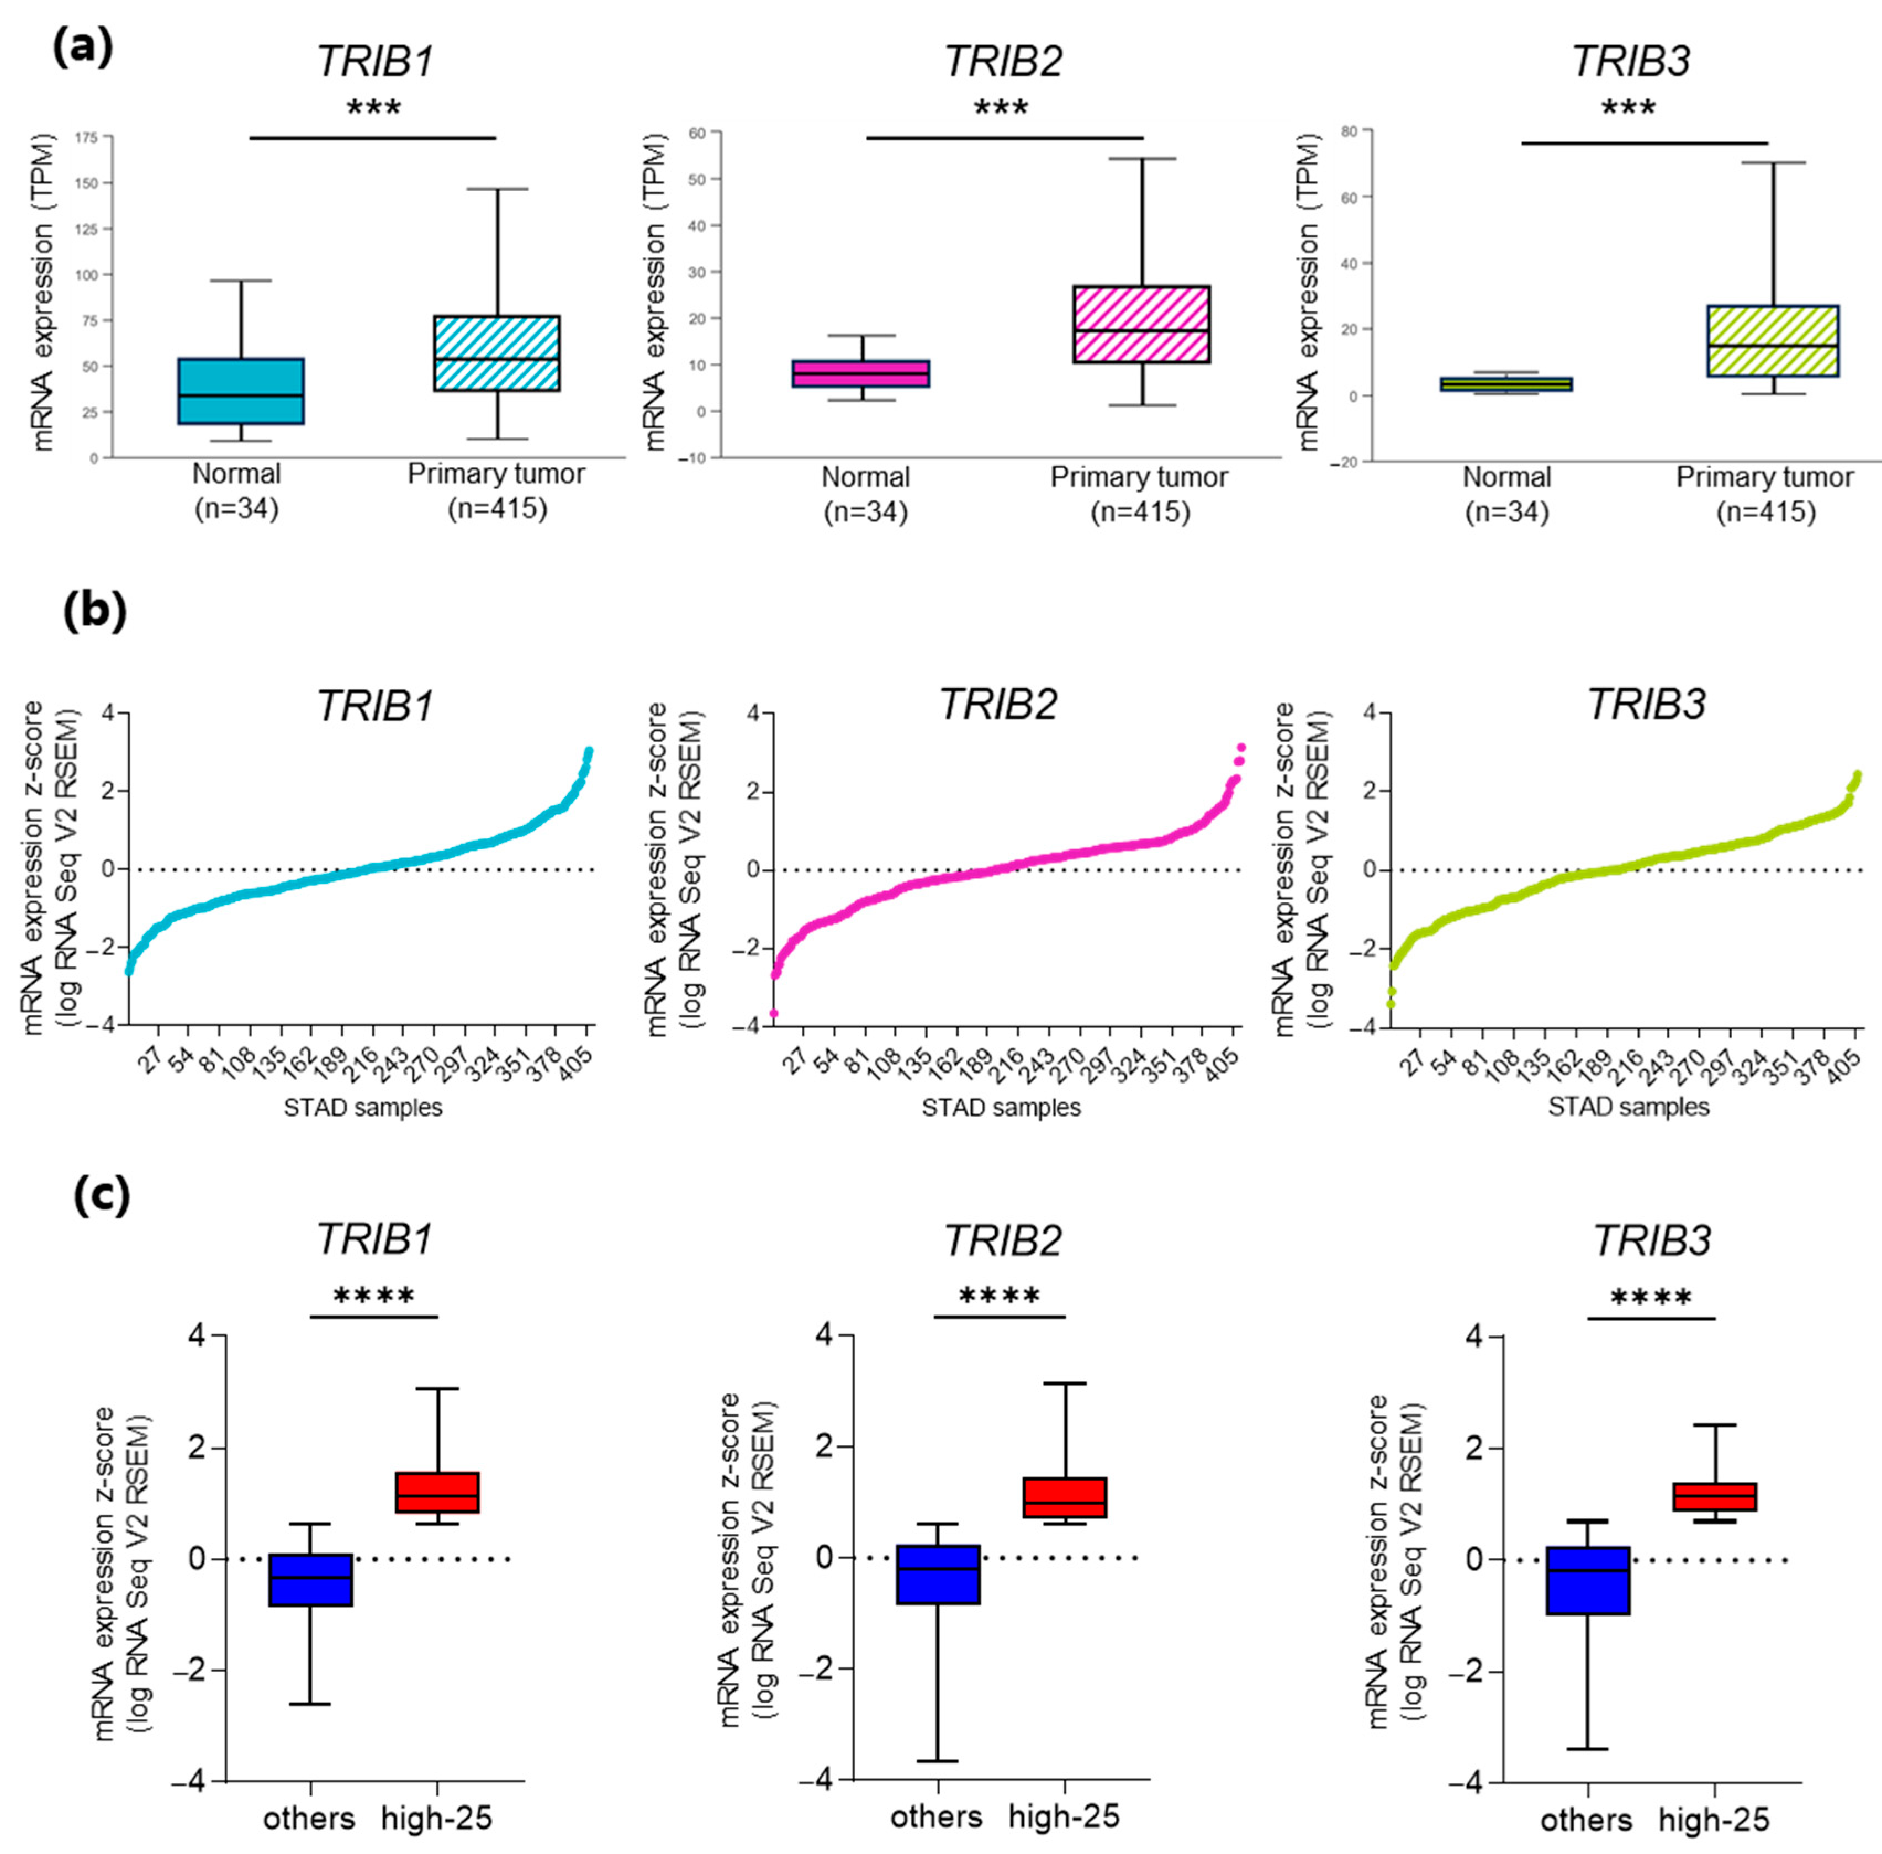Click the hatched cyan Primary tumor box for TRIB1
[496, 352]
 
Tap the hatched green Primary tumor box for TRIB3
[1772, 341]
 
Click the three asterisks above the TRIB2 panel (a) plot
[1001, 107]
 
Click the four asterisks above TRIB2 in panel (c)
[1000, 1297]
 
